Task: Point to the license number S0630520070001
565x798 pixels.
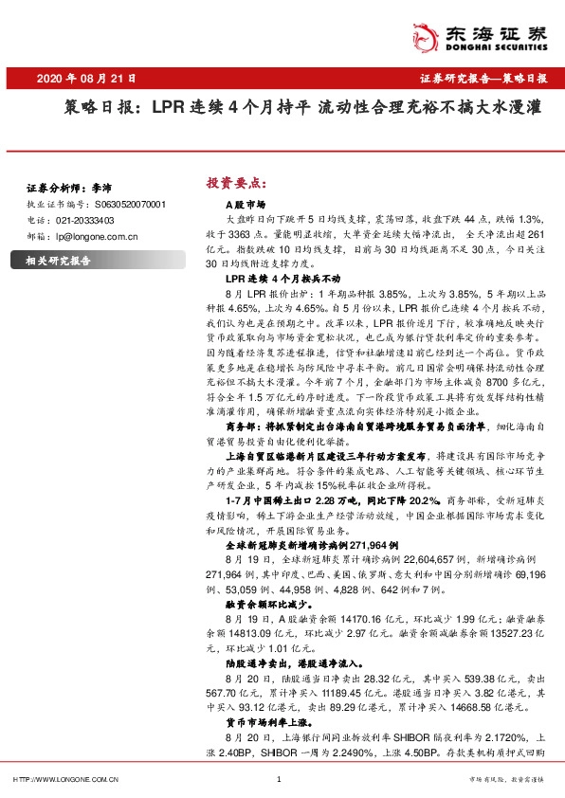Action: [x=131, y=204]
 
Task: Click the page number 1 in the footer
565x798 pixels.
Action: [x=279, y=779]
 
